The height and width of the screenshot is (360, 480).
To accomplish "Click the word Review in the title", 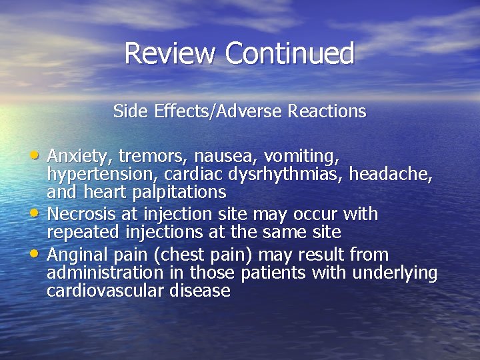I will pos(171,53).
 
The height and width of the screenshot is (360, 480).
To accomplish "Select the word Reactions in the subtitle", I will pos(327,111).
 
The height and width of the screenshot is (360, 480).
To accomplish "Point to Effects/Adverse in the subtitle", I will pos(213,111).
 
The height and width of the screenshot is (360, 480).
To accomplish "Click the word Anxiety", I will pos(81,156).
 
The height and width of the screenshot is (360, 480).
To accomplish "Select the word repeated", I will pos(77,233).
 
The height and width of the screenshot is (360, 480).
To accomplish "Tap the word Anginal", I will pos(76,255).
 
